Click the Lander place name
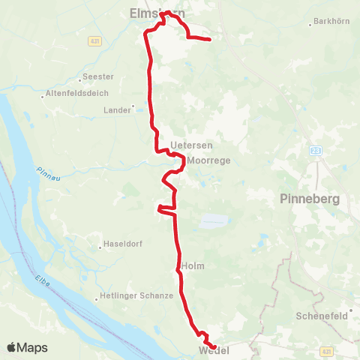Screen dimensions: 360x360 (117, 109)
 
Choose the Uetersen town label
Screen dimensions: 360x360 (186, 144)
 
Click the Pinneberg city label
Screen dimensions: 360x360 (310, 199)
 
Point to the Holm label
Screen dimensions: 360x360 (193, 265)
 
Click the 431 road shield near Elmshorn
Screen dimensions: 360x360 (93, 40)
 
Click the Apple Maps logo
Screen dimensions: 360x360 (26, 347)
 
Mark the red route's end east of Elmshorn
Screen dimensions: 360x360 (209, 39)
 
